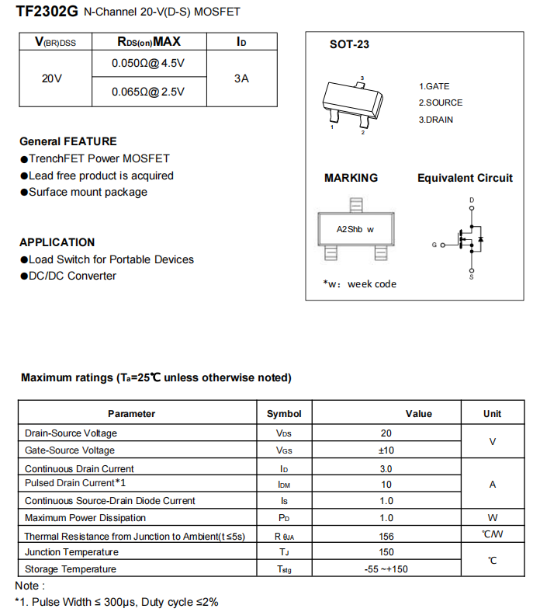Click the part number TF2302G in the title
point(47,12)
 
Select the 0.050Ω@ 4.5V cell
point(148,63)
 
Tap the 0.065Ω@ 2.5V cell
point(148,92)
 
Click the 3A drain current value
point(241,78)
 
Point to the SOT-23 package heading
point(349,44)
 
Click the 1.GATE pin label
point(434,86)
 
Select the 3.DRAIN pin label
point(436,120)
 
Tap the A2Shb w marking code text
point(355,229)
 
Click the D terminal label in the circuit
point(472,200)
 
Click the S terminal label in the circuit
point(472,276)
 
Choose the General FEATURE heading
point(68,141)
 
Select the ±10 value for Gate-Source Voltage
point(386,450)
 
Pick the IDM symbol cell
point(284,484)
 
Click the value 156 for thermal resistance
point(386,536)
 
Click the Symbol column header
point(284,414)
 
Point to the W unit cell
point(492,517)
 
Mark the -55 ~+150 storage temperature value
point(386,569)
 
